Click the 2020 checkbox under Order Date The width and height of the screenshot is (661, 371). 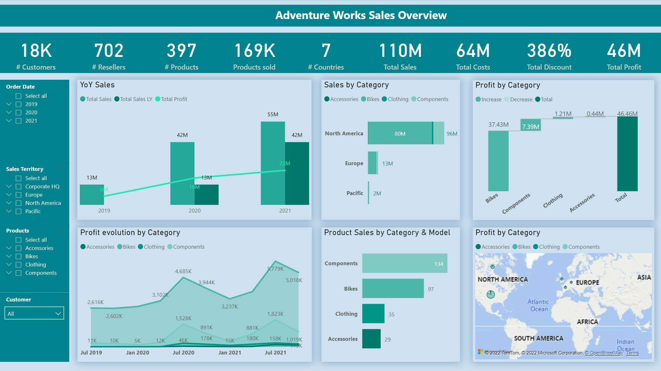pos(19,112)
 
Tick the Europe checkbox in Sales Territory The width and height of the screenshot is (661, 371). pos(19,195)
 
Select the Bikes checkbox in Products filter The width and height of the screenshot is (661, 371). pos(19,256)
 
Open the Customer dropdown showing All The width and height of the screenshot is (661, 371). pos(34,314)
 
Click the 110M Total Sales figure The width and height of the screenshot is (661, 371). pos(400,51)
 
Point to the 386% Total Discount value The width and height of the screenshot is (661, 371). pos(549,51)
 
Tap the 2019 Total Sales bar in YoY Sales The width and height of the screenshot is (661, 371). pos(92,194)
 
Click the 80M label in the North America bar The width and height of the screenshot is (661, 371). pos(400,134)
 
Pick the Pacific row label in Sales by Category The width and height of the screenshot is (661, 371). pos(355,193)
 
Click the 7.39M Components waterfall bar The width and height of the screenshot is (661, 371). pos(530,125)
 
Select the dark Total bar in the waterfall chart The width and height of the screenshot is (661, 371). pos(627,154)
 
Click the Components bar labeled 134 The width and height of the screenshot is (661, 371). pos(404,263)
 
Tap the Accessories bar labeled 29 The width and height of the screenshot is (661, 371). pos(371,339)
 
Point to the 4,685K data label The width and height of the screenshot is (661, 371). pos(183,271)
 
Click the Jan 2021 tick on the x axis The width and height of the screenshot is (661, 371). pos(230,353)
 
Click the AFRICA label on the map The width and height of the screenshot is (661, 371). pos(587,322)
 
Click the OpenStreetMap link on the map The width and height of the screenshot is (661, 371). pos(604,353)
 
